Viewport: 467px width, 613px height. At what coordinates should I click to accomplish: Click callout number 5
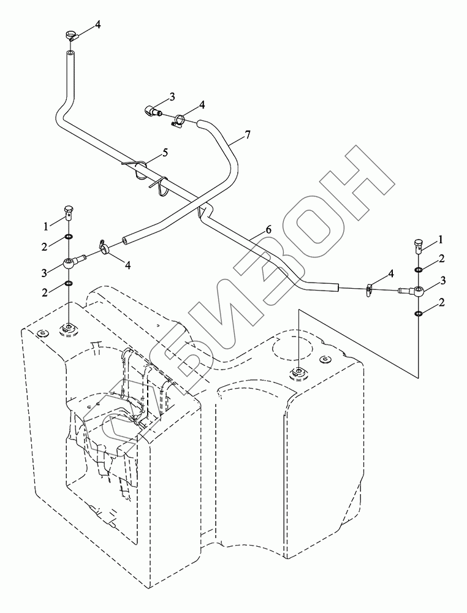(164, 151)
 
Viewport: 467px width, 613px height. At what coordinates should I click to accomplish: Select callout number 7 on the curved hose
(247, 134)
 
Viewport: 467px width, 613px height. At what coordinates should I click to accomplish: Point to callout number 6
(268, 229)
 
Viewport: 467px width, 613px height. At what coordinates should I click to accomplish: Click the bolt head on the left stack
(68, 214)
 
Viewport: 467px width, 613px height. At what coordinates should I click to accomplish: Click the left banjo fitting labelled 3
(70, 264)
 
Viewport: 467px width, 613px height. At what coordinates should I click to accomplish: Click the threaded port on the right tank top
(298, 371)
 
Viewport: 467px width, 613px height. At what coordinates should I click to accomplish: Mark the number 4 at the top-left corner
(97, 25)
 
